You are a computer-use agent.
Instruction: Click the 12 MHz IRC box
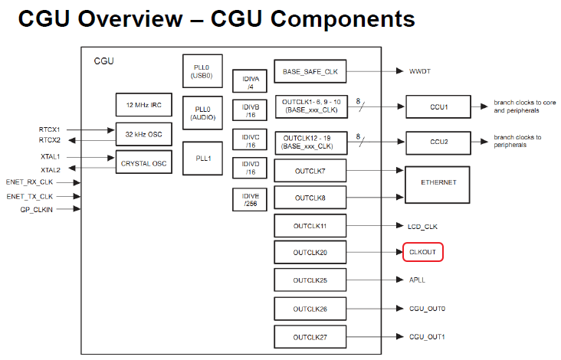tap(143, 104)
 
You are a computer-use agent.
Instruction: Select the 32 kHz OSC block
tap(143, 133)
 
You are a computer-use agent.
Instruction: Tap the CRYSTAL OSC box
tap(143, 162)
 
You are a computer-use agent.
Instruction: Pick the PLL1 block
tap(203, 159)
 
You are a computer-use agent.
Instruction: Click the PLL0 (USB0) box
tap(203, 71)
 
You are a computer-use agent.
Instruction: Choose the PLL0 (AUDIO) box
tap(203, 113)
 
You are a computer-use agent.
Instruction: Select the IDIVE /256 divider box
tap(250, 199)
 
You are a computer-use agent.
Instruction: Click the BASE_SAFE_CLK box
tap(310, 71)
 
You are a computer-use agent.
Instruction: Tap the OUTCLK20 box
tap(310, 252)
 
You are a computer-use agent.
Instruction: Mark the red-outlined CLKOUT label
tap(423, 251)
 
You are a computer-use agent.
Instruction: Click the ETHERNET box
tap(438, 182)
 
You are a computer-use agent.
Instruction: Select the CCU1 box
tap(438, 106)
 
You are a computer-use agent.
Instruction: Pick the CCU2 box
tap(438, 142)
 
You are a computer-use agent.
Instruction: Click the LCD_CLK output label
tap(422, 226)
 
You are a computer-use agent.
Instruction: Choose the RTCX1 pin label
tap(49, 129)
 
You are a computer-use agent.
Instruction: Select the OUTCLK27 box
tap(310, 336)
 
